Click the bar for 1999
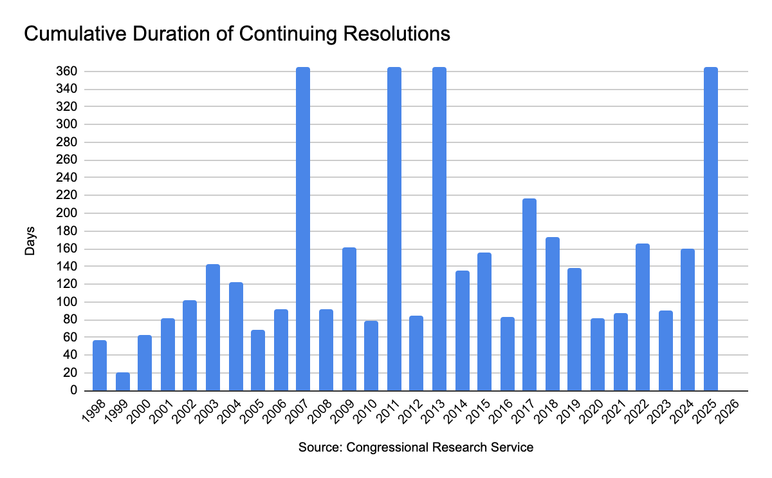point(122,381)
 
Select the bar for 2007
point(303,229)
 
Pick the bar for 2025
point(710,229)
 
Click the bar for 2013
point(439,229)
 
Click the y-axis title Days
point(30,240)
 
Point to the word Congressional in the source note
point(383,447)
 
